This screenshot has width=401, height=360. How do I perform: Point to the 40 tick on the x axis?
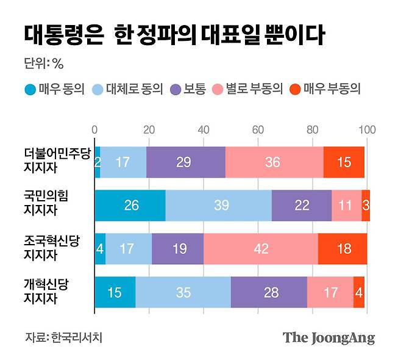204,129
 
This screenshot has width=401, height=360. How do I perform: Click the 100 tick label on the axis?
367,129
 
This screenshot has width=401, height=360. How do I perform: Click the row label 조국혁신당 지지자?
52,248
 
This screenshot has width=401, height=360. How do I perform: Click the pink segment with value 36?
274,162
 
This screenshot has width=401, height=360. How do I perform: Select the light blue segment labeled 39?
218,206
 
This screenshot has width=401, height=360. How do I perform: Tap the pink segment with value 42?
261,249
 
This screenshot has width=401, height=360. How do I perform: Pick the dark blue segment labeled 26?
130,206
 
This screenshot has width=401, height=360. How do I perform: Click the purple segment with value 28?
269,292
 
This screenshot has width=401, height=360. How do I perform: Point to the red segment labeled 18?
342,249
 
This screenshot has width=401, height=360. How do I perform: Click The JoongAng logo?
328,338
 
